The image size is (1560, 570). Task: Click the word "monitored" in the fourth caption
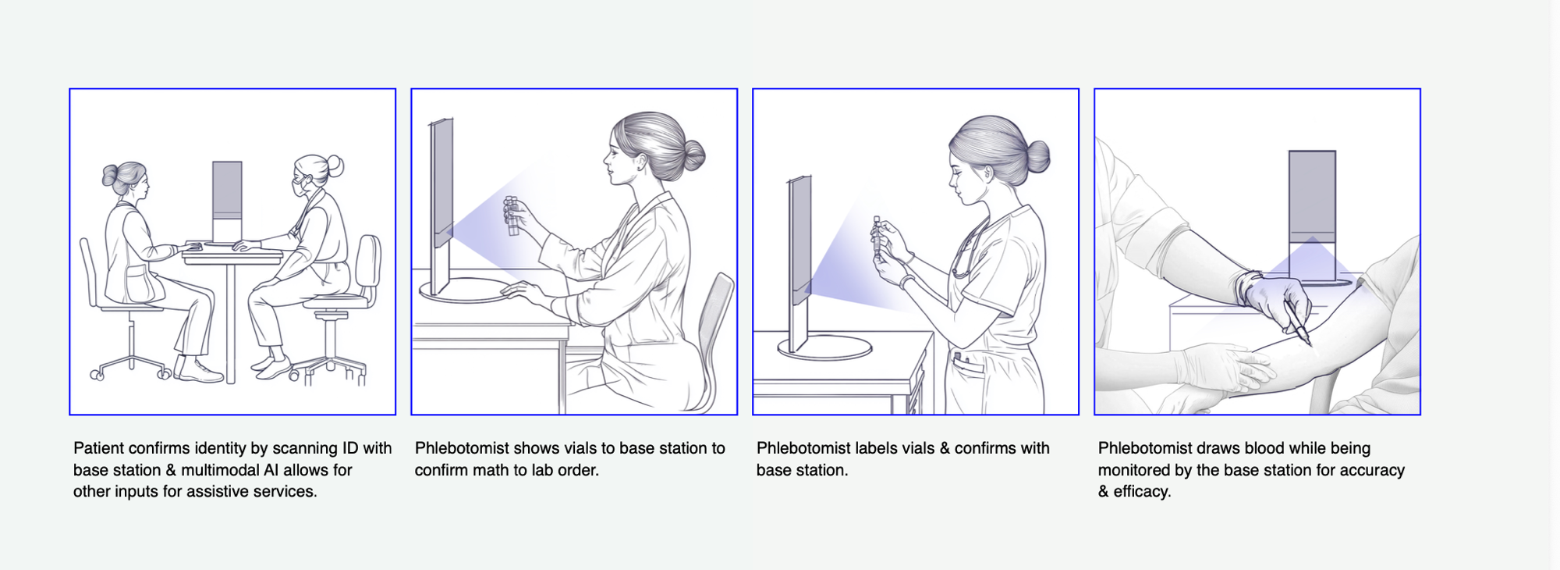1135,470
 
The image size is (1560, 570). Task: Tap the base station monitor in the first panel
227,201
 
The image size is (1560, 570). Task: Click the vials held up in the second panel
512,216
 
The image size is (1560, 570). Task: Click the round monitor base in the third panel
824,347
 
